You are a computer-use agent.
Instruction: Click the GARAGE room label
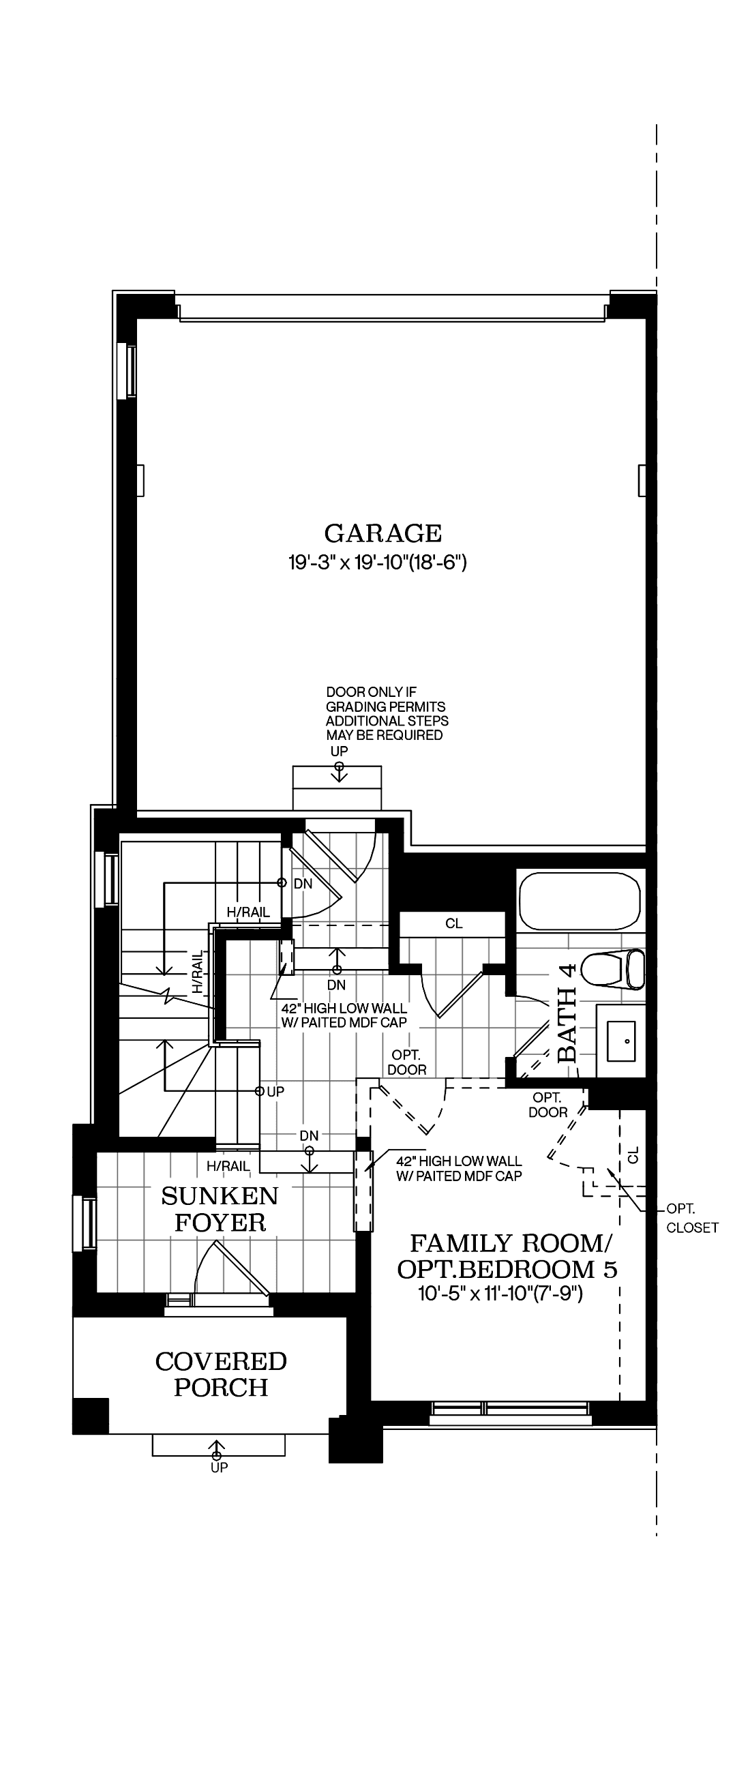(382, 533)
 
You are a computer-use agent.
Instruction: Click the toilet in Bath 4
(612, 970)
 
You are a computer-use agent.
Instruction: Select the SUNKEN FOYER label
(220, 1209)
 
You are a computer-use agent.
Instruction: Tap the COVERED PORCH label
(221, 1375)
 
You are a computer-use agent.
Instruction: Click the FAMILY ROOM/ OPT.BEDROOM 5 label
(508, 1256)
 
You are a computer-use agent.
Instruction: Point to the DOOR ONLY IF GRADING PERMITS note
(387, 714)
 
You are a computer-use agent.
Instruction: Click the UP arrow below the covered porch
(217, 1450)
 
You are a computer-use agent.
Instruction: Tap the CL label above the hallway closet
(454, 924)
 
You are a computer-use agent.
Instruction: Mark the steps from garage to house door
(337, 788)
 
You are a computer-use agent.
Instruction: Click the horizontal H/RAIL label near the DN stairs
(248, 912)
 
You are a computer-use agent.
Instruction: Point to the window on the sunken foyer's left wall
(86, 1223)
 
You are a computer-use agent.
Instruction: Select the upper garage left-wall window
(127, 370)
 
